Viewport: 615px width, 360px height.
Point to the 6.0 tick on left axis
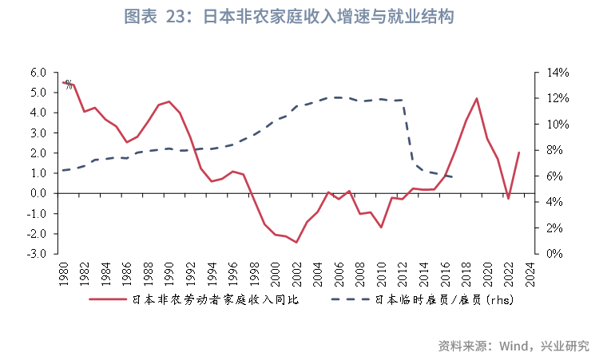38,73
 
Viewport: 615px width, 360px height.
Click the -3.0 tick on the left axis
37,254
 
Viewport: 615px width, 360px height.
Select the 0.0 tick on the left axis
38,193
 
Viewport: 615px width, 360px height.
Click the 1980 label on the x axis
63,274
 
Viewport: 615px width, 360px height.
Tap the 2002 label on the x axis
296,274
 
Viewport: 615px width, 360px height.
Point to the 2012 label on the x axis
402,274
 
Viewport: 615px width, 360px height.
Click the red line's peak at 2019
476,99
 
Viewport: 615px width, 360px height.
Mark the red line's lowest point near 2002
296,242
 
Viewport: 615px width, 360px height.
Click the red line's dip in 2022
508,198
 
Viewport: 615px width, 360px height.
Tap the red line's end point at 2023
519,152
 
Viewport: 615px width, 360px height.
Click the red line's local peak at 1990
169,101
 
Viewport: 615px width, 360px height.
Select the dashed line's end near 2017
454,176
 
